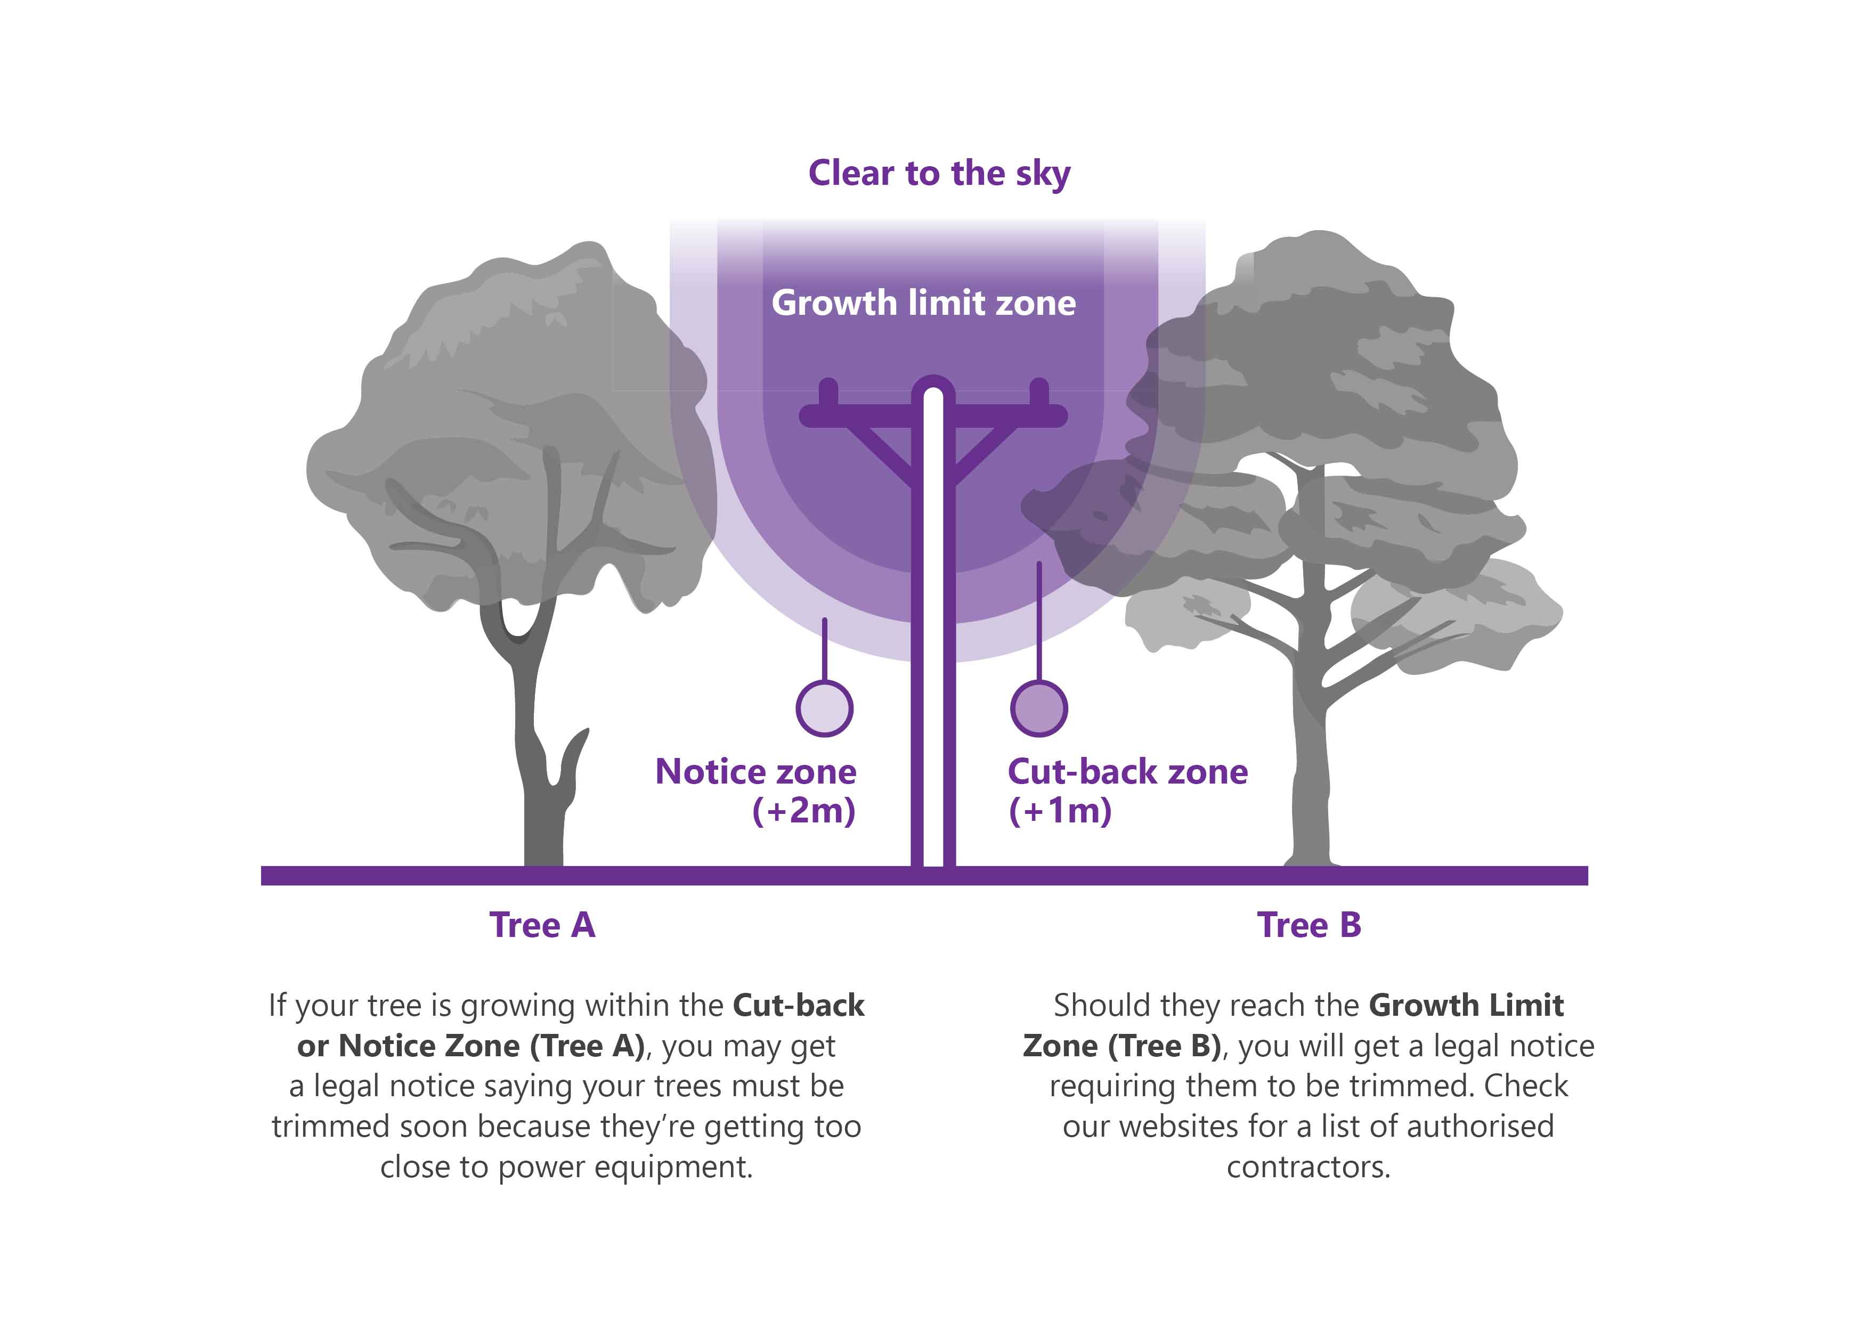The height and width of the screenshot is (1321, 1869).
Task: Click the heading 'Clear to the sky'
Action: [939, 173]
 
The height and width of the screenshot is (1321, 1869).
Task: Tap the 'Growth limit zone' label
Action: [923, 303]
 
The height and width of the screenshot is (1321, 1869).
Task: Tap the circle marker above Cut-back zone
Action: [1039, 708]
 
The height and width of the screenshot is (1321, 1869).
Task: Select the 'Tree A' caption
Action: [542, 925]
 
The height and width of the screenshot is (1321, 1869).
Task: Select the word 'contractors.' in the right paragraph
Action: [1308, 1167]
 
